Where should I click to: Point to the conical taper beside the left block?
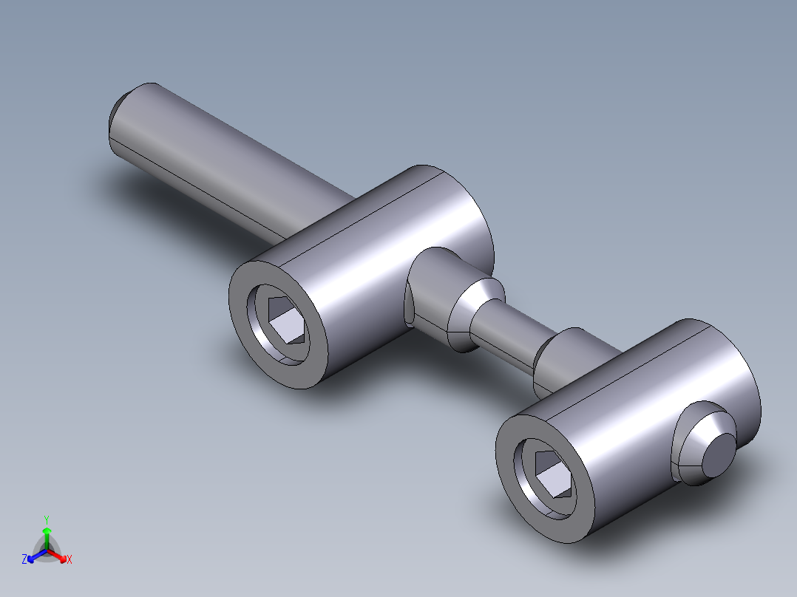(469, 314)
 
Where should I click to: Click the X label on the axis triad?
(69, 559)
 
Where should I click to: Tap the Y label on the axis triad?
(46, 519)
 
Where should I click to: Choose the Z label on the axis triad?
(24, 559)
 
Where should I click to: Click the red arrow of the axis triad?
(60, 556)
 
